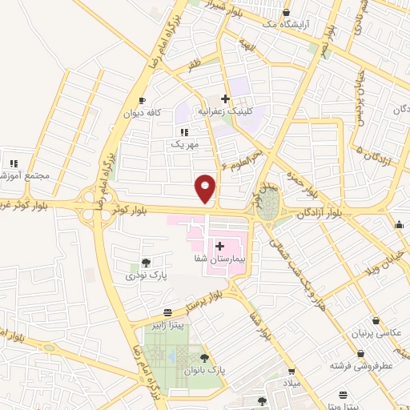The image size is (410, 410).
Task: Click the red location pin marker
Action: [x=207, y=188]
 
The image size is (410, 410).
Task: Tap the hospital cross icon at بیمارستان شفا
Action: [x=219, y=247]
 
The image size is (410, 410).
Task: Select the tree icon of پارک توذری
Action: [x=145, y=262]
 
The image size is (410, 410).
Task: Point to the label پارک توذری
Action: [x=142, y=275]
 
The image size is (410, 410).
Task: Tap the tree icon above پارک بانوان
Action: [x=204, y=358]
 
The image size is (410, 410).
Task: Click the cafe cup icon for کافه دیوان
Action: [x=143, y=100]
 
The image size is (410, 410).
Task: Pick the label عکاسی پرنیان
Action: [x=374, y=332]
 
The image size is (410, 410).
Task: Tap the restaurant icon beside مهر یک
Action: [x=183, y=132]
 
